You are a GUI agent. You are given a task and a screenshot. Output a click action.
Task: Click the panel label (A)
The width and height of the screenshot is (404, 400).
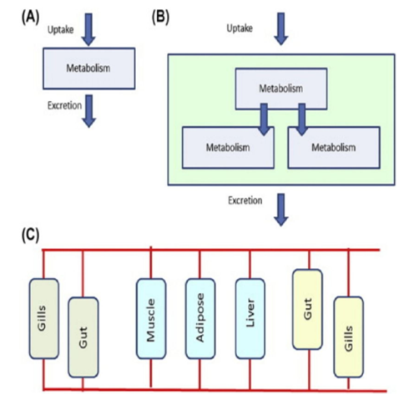pos(30,18)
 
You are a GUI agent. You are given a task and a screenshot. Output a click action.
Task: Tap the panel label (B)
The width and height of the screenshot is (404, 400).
pos(160,18)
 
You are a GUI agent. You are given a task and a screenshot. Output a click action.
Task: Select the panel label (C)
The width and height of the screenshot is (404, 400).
pos(30,235)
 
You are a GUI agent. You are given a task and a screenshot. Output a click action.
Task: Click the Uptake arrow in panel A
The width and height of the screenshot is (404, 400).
pos(88,29)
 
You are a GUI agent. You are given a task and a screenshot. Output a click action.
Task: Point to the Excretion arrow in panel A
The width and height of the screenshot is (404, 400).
pos(88,111)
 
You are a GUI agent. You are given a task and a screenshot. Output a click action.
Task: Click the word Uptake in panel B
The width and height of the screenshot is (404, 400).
pos(240,28)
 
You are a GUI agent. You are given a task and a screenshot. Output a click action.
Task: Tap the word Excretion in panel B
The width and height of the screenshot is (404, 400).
pos(245,200)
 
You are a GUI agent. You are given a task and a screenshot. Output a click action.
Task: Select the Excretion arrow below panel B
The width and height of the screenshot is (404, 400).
pos(281,210)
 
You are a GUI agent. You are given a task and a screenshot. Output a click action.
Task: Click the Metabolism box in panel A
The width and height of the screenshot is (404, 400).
pos(89,68)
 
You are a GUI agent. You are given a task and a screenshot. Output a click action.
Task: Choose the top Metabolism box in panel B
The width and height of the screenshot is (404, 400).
pos(281,89)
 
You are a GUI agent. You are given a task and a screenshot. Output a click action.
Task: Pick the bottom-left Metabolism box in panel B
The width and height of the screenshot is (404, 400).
pos(228,148)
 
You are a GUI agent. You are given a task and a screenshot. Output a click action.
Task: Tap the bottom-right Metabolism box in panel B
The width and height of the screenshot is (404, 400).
pos(334,148)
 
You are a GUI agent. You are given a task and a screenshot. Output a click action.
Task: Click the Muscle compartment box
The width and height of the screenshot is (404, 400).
pos(151,319)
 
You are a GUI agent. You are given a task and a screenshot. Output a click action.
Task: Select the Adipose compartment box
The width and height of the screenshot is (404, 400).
pos(200,319)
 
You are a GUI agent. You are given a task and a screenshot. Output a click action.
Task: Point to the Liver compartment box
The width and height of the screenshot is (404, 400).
pos(250,319)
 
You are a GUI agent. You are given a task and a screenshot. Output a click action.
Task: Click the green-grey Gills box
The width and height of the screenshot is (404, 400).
pos(44,319)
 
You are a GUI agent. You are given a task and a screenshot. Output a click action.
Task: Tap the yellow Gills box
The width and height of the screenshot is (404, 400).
pos(348,337)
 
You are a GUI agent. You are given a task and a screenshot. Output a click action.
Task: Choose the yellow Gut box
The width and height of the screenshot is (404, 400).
pos(307,309)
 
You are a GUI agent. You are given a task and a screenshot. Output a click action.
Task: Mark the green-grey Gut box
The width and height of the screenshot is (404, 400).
pos(83,337)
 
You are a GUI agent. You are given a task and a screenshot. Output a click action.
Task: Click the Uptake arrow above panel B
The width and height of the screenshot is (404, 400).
pos(281,28)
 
